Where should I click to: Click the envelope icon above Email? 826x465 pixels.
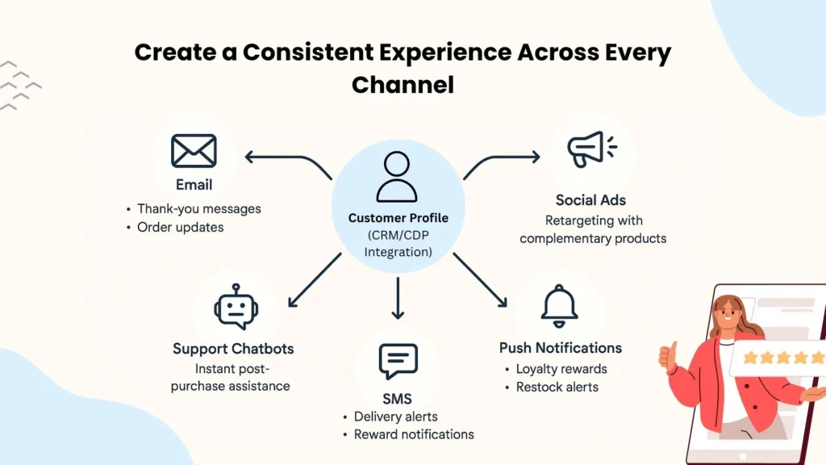(194, 151)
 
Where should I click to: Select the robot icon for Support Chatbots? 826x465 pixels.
(236, 307)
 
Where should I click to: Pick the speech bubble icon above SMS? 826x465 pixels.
(398, 361)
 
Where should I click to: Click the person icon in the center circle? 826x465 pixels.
(397, 177)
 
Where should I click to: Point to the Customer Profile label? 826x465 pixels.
(398, 218)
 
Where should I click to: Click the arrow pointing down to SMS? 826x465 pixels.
(397, 298)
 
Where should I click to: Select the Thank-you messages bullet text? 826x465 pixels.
(198, 208)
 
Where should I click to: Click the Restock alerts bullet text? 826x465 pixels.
(557, 387)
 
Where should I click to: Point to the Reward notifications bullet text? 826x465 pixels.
(414, 434)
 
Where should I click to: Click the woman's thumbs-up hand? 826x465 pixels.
(668, 355)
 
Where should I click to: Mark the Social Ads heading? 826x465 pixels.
(590, 200)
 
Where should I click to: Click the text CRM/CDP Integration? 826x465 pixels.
(398, 245)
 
